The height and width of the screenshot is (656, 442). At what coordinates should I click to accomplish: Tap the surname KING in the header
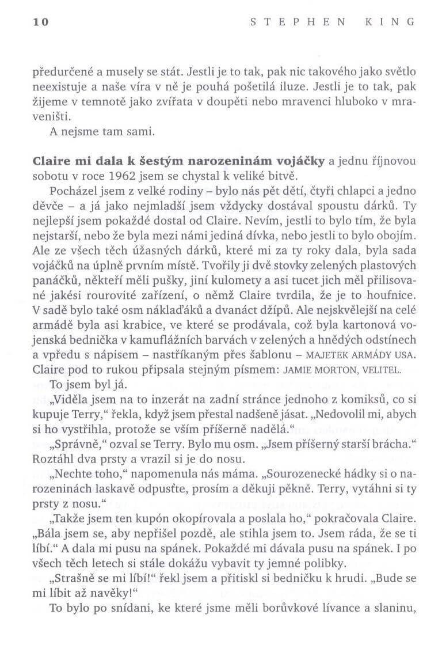tap(394, 22)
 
